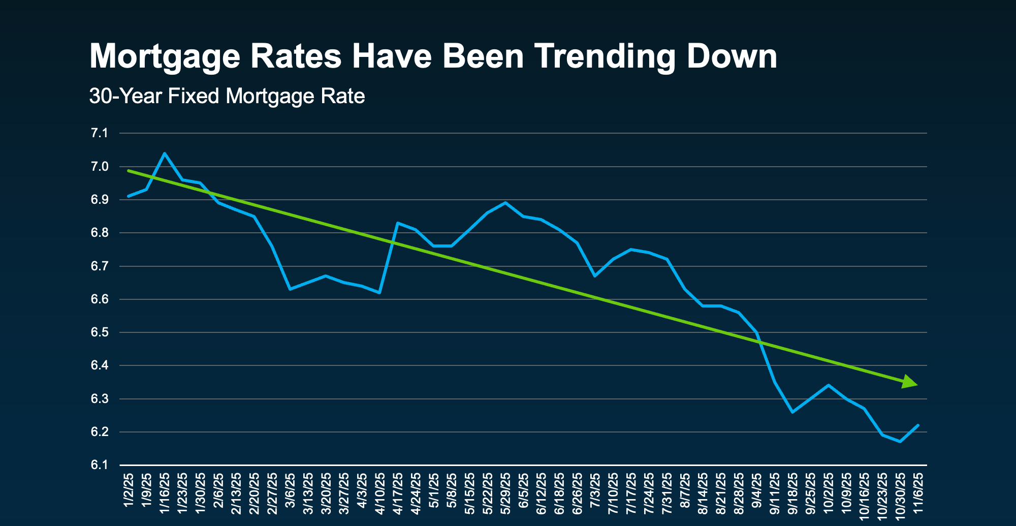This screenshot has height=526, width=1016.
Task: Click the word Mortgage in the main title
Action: pyautogui.click(x=165, y=57)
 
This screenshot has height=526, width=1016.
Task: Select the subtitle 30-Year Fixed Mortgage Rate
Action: pyautogui.click(x=227, y=96)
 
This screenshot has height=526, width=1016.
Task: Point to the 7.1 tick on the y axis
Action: pyautogui.click(x=100, y=134)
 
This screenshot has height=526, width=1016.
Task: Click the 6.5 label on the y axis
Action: pyautogui.click(x=100, y=333)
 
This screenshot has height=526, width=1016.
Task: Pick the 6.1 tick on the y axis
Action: pyautogui.click(x=100, y=466)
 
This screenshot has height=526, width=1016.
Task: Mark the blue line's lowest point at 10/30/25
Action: pyautogui.click(x=900, y=442)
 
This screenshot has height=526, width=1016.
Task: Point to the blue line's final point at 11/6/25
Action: pyautogui.click(x=918, y=425)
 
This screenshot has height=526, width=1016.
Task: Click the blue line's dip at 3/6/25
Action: pyautogui.click(x=290, y=289)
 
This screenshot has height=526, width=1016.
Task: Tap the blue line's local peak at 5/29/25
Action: pyautogui.click(x=505, y=203)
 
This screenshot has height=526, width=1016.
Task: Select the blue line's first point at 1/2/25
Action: pyautogui.click(x=129, y=196)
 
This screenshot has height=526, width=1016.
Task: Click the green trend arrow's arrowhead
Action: pyautogui.click(x=910, y=383)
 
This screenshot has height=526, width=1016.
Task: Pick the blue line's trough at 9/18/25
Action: pyautogui.click(x=792, y=412)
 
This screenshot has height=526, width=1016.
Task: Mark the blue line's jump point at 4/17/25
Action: pyautogui.click(x=397, y=223)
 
